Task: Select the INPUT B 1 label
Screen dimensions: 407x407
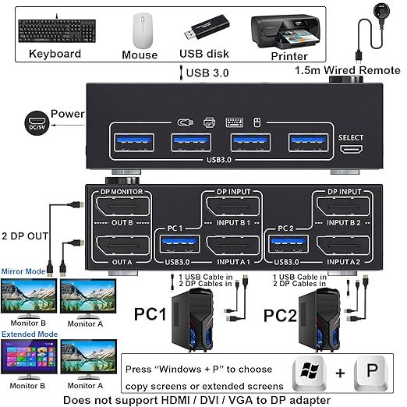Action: [231, 223]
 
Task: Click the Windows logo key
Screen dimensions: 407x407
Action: [311, 373]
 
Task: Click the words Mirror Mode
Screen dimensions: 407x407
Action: [25, 271]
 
